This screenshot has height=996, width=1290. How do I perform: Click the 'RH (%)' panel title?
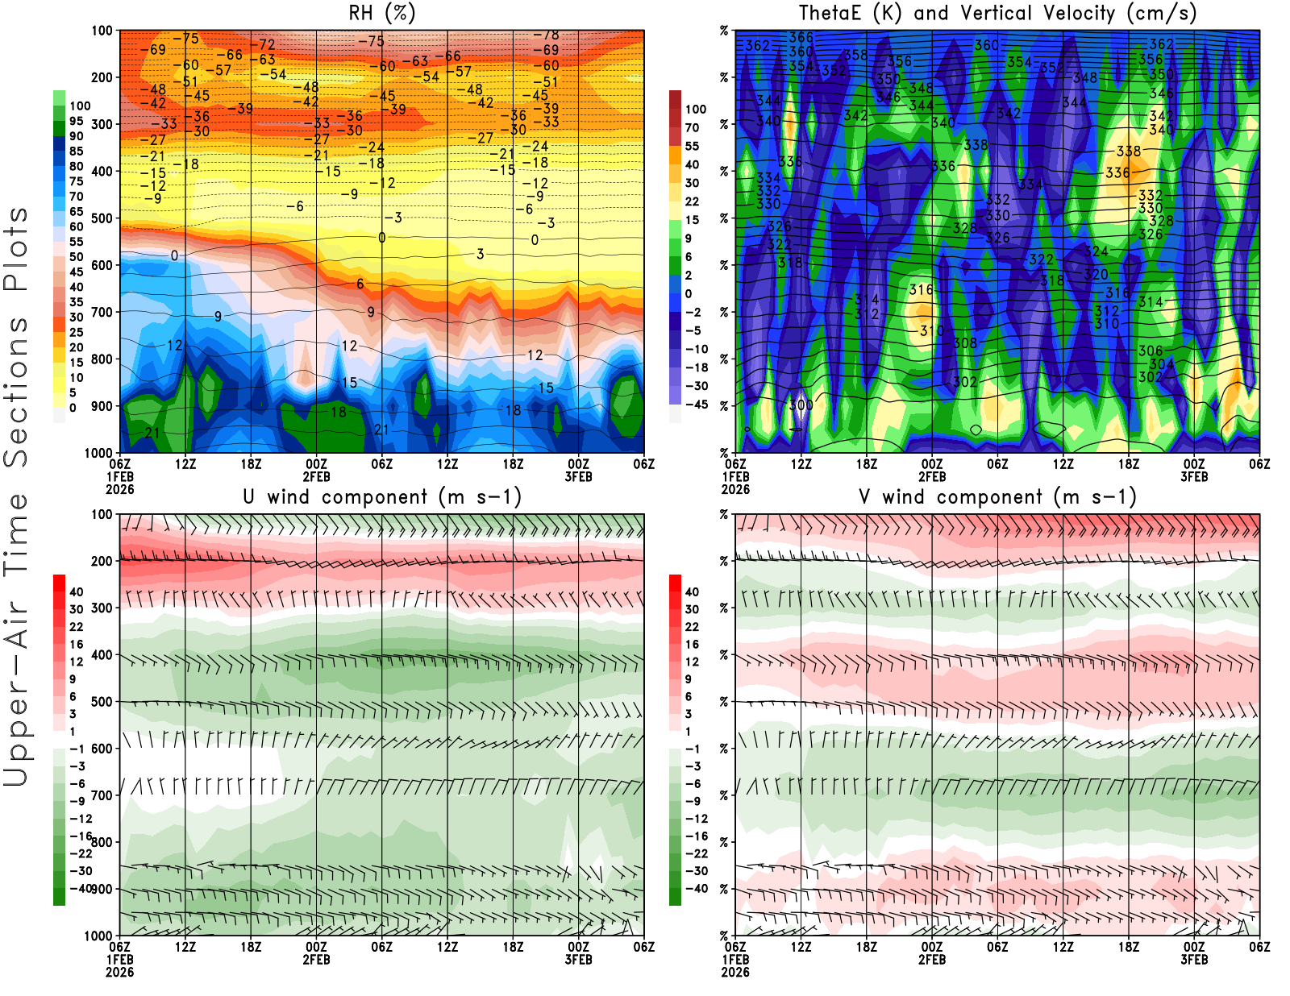pyautogui.click(x=381, y=14)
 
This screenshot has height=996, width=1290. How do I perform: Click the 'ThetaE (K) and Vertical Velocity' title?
pyautogui.click(x=997, y=14)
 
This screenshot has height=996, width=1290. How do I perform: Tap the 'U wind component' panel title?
pyautogui.click(x=382, y=497)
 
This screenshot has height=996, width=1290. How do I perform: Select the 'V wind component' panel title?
pyautogui.click(x=997, y=497)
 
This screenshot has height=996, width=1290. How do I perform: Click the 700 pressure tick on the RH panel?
pyautogui.click(x=102, y=312)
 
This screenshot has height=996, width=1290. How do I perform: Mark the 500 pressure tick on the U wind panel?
pyautogui.click(x=102, y=702)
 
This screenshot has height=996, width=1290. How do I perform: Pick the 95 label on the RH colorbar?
pyautogui.click(x=77, y=121)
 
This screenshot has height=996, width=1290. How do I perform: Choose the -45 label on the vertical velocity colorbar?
pyautogui.click(x=696, y=405)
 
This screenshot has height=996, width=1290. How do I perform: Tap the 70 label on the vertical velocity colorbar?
pyautogui.click(x=692, y=127)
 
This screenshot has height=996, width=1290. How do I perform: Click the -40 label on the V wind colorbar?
pyautogui.click(x=696, y=889)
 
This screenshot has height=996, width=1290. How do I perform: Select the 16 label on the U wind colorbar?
pyautogui.click(x=77, y=645)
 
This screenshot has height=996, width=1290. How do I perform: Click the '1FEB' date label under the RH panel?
pyautogui.click(x=119, y=477)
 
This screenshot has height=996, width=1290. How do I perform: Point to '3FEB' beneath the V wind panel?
pyautogui.click(x=1194, y=960)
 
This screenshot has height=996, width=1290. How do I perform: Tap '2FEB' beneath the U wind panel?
pyautogui.click(x=316, y=960)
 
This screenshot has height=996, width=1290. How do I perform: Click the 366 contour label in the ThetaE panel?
pyautogui.click(x=801, y=38)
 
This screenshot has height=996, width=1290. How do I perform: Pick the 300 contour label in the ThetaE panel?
pyautogui.click(x=801, y=405)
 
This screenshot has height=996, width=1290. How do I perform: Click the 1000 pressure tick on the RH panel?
pyautogui.click(x=99, y=453)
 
